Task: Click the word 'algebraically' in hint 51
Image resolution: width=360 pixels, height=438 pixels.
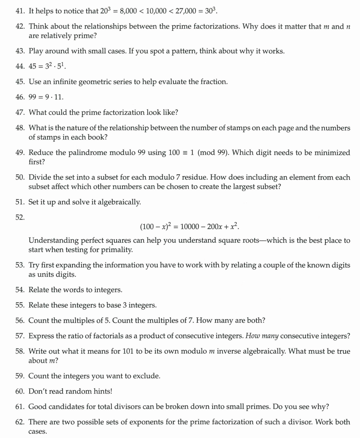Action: (x=116, y=202)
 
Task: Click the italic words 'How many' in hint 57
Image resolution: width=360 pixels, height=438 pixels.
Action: (x=262, y=336)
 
